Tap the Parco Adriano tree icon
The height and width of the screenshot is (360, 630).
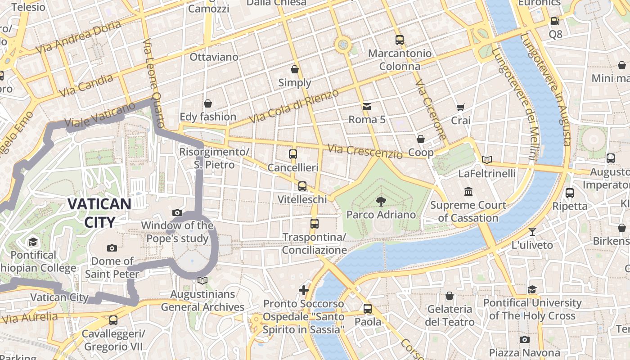coord(381,201)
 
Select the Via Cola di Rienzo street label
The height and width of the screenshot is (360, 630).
coord(293,107)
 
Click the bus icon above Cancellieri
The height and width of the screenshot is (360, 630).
coord(293,154)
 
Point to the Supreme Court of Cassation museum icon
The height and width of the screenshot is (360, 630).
coord(468,191)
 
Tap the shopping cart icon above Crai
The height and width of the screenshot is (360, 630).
coord(460,107)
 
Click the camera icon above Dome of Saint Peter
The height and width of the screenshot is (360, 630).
coord(112,248)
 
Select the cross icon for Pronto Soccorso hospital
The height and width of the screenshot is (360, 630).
coord(304,290)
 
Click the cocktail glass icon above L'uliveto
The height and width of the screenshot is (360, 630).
coord(532,232)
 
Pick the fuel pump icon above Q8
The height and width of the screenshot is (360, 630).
coord(555,21)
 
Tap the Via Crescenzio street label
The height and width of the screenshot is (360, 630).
coord(365,151)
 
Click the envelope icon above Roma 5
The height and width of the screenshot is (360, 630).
coord(367,107)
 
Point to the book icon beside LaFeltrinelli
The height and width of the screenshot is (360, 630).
coord(486,160)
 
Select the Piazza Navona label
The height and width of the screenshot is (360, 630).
coord(524,353)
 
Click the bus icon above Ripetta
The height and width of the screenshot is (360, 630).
coord(570,193)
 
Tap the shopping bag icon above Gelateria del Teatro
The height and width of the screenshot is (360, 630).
coord(450,296)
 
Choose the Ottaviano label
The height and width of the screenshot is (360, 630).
coord(214,57)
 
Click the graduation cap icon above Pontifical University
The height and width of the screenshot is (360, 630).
coord(532,289)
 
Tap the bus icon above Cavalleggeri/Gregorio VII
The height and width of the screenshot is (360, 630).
coord(113,320)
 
